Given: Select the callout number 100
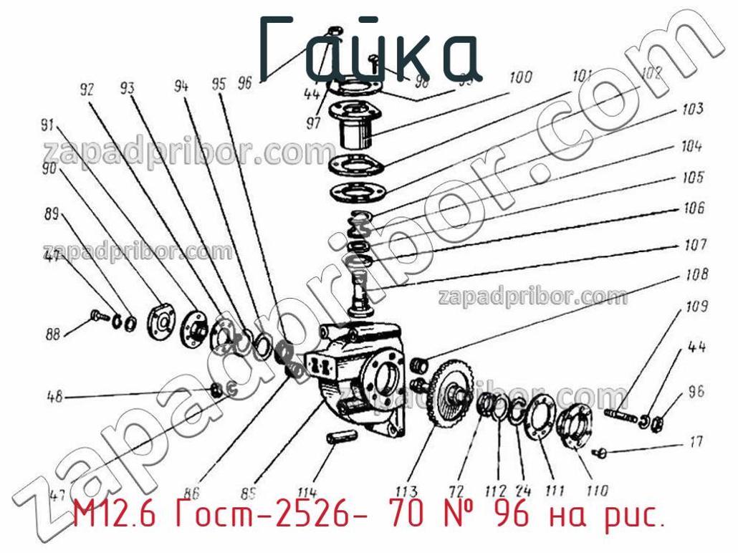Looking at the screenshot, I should point(520,77).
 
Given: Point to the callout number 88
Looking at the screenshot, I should point(54,333).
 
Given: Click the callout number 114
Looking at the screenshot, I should point(307,492).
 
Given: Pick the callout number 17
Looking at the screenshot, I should point(696,442).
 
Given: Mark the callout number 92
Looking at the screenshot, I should point(87,90).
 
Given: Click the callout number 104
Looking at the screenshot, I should point(691,147).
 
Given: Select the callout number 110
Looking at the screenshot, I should point(596,491).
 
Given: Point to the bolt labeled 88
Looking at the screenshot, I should point(99,315).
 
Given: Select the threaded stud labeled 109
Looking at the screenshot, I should point(620,414).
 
